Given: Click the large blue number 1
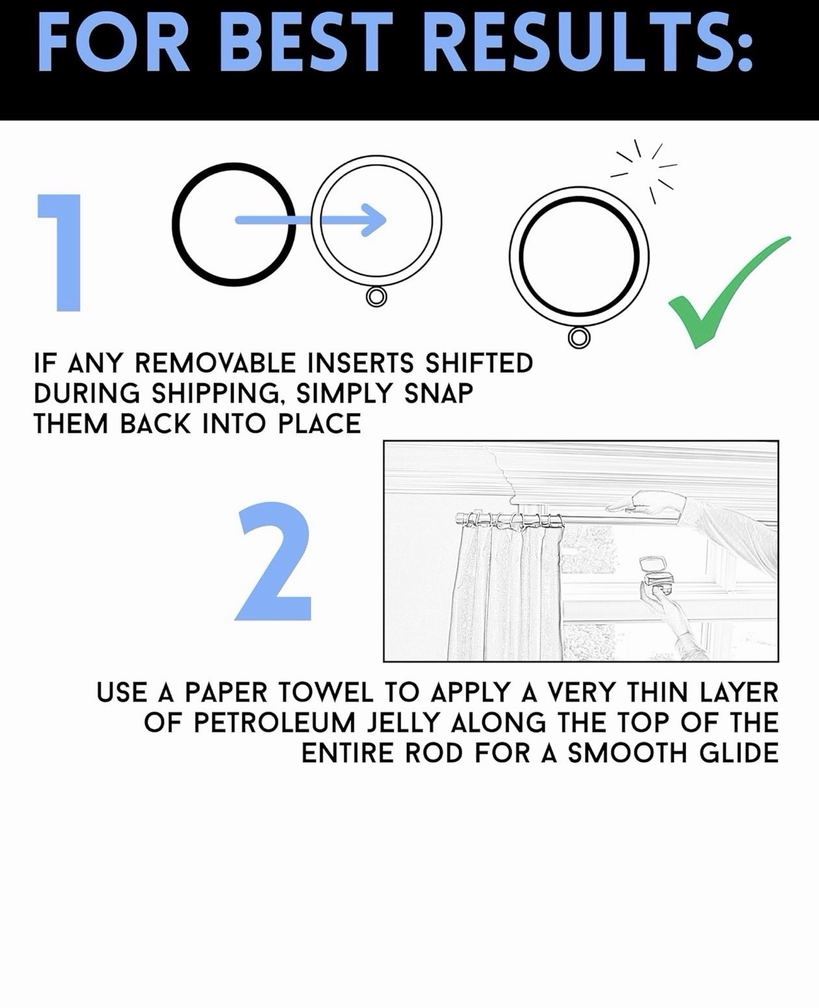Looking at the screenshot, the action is tap(60, 252).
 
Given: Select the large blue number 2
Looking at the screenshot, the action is tap(273, 561).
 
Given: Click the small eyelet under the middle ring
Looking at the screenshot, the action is tap(376, 297).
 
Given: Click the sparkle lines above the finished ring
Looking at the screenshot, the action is tap(644, 171).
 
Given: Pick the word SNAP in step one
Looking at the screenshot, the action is tap(438, 393).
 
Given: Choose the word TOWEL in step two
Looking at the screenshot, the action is tap(326, 693).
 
